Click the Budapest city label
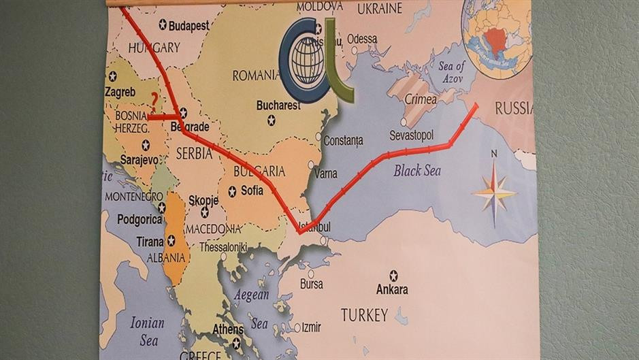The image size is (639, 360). [189, 25]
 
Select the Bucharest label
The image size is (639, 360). [278, 105]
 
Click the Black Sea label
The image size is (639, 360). [417, 171]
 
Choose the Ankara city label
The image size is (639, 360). [393, 289]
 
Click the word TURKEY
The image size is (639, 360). [364, 315]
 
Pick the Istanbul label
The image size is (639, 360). [315, 227]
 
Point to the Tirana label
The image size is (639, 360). [150, 241]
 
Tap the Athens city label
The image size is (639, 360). [227, 330]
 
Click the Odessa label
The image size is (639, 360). [362, 39]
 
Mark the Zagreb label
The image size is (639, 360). [120, 91]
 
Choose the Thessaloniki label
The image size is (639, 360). [223, 248]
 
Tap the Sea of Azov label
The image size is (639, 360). [451, 72]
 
